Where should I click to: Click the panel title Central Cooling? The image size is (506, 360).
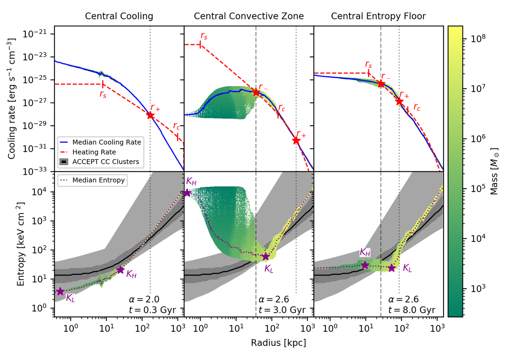pos(119,16)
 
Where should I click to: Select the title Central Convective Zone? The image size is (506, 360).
pos(249,16)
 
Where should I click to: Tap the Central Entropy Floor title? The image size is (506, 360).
pos(378,16)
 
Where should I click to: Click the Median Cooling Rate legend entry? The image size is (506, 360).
pos(106,142)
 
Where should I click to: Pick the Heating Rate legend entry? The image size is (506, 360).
pos(94,152)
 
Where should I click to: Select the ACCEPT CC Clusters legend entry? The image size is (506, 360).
pos(106,162)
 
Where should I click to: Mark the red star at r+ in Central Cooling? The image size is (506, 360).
pos(151,115)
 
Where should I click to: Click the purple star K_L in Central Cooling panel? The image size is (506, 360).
pos(60,291)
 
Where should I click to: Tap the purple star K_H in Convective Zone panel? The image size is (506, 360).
pos(187,193)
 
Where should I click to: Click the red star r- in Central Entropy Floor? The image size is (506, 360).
pos(381,84)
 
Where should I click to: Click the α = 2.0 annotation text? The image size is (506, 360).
pos(144,300)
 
